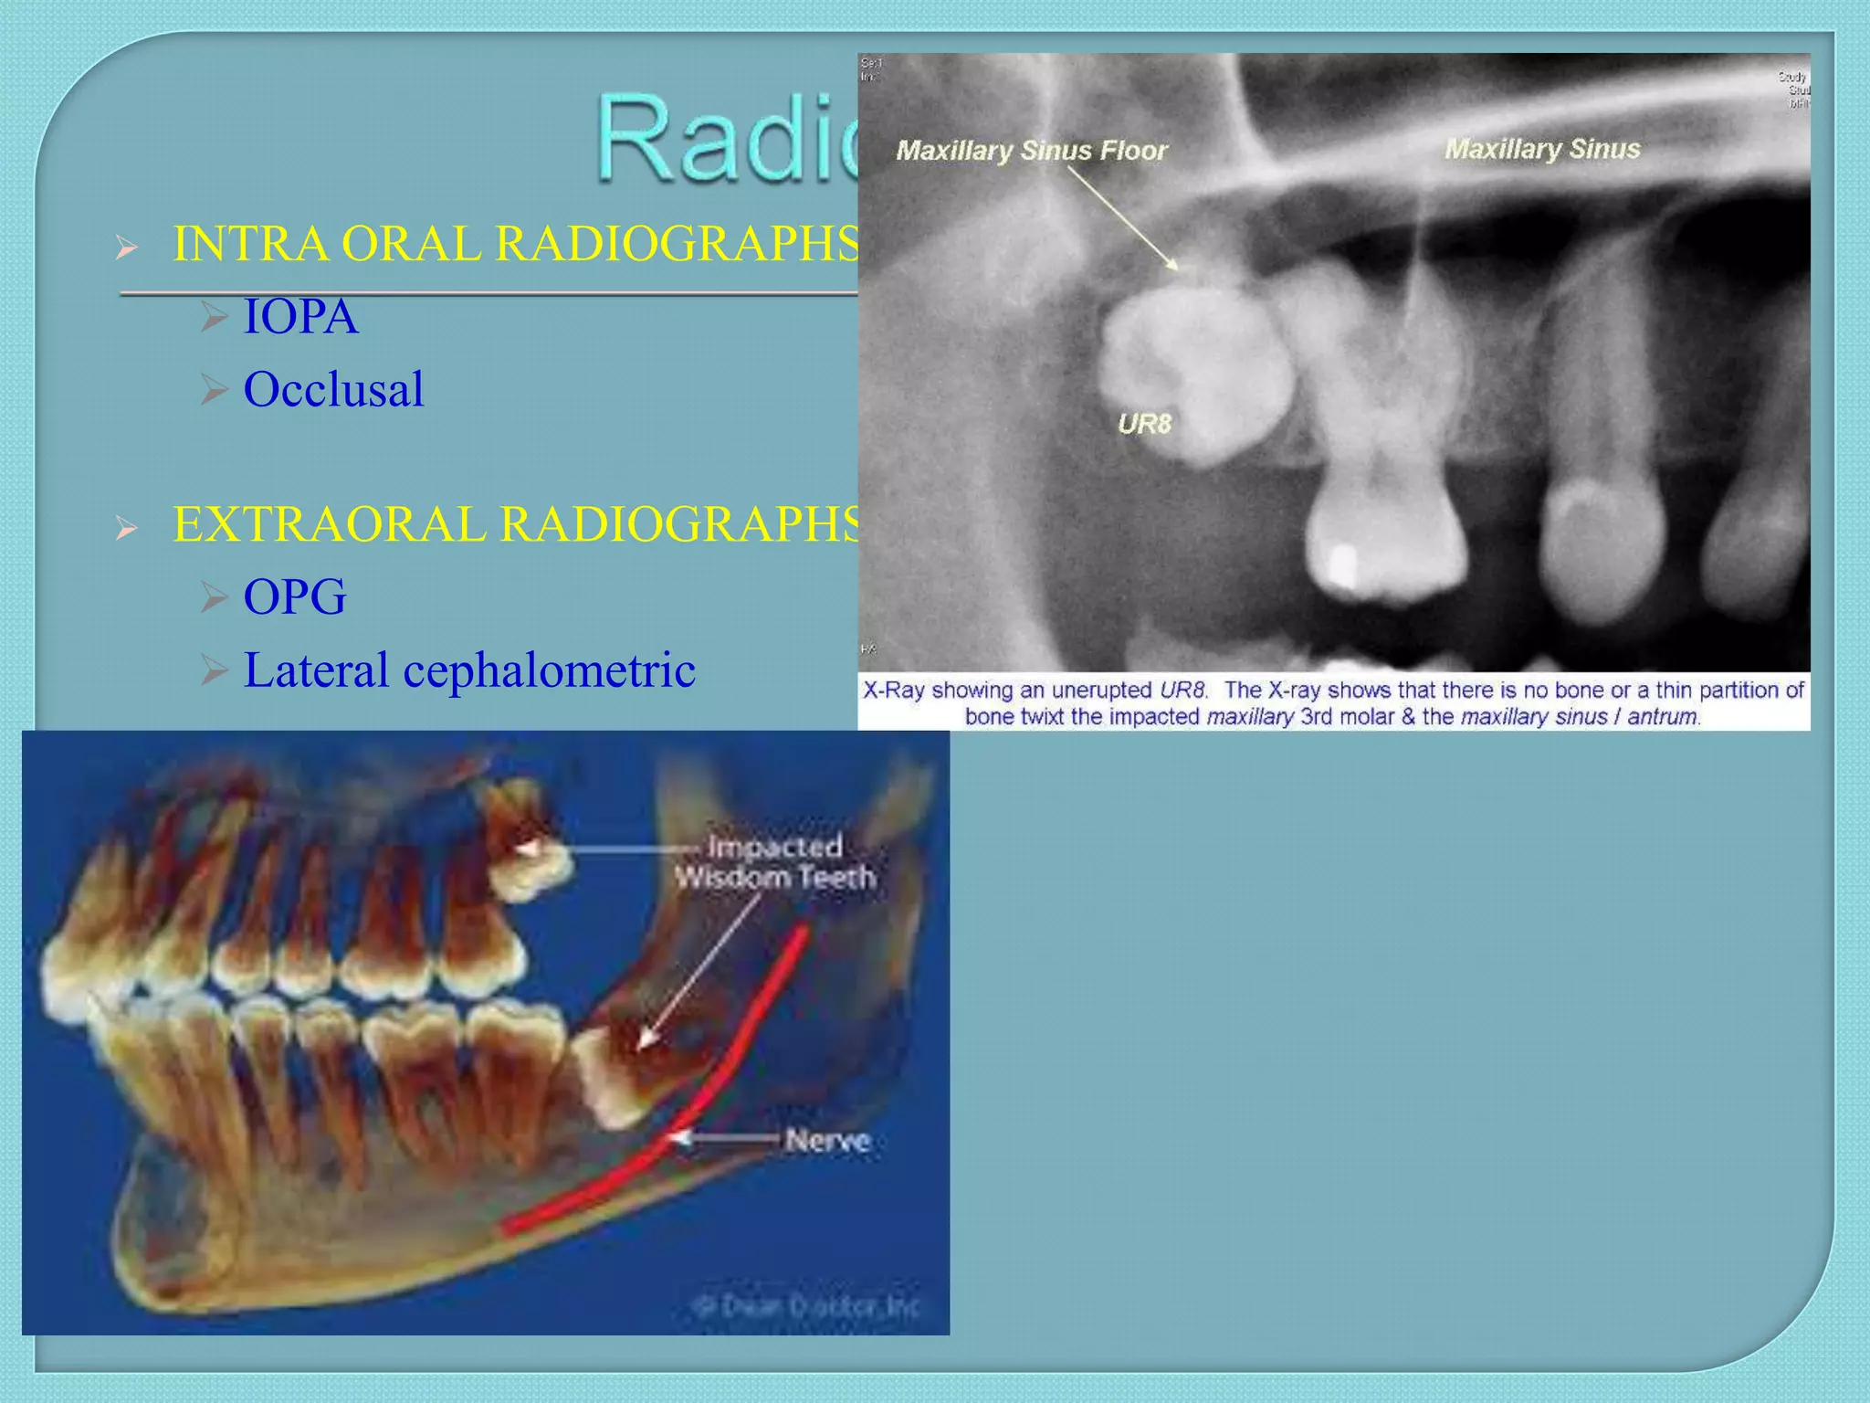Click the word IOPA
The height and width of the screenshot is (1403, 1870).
[x=300, y=317]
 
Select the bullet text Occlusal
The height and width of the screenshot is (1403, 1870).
[x=333, y=390]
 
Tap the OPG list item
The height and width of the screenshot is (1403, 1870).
[x=294, y=597]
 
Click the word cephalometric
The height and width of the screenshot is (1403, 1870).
[x=549, y=670]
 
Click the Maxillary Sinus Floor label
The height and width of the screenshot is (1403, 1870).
[x=1031, y=151]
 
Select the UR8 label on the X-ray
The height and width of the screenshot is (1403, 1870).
[x=1143, y=425]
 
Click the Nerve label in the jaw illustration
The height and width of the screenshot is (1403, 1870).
[x=827, y=1141]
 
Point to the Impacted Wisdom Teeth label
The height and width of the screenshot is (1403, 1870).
[x=775, y=862]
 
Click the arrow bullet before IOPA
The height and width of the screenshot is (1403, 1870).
[x=214, y=317]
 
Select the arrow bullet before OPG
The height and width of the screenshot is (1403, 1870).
[x=214, y=597]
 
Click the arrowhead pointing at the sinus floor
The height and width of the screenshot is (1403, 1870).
[x=1172, y=265]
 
